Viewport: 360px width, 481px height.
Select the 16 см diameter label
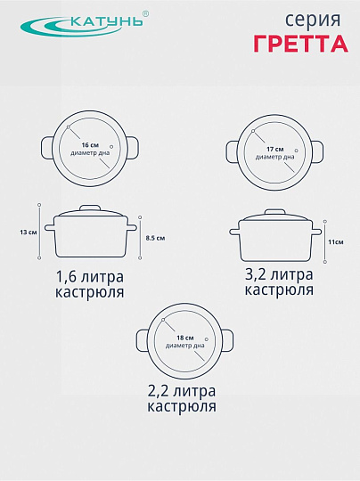coord(90,144)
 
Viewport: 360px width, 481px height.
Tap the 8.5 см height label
coord(155,238)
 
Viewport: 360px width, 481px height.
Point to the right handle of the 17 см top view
coord(316,151)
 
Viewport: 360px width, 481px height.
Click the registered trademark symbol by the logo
coord(146,13)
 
